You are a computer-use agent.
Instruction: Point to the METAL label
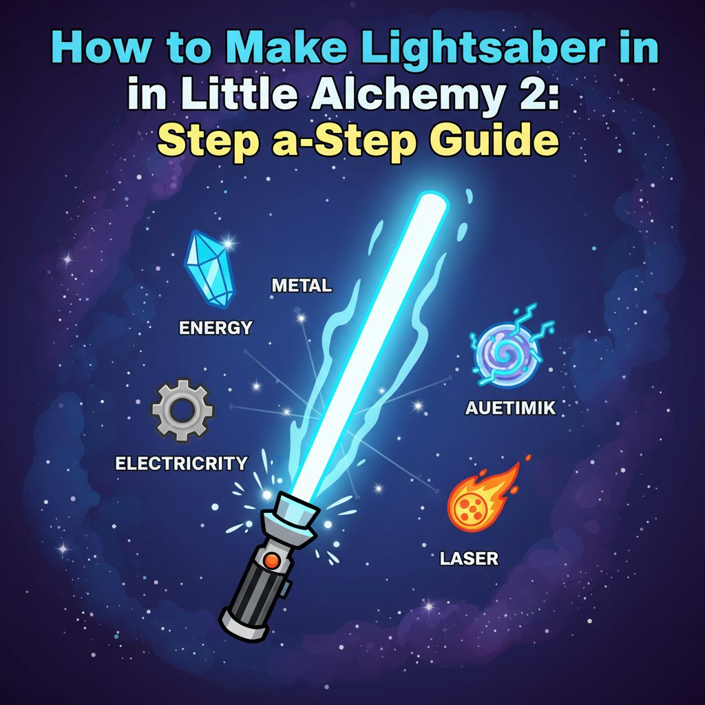302,286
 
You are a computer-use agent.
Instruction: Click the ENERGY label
215,328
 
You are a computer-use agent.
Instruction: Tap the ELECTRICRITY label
181,463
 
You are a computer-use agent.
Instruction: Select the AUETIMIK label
510,408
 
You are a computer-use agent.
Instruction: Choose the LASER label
469,558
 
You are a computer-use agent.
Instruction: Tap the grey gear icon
182,410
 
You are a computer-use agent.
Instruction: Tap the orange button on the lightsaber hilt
271,560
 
